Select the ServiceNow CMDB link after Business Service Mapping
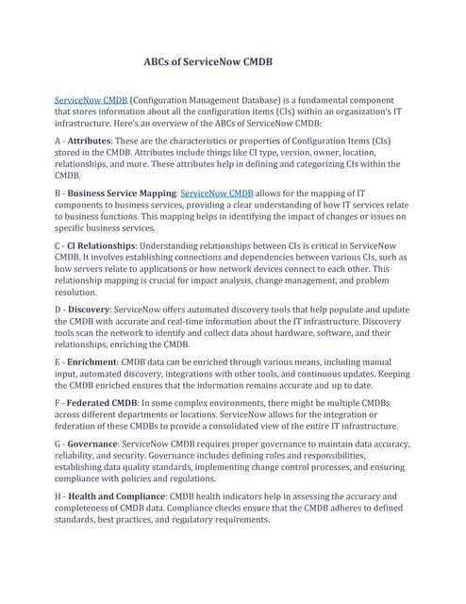[216, 193]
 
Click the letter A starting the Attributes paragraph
[59, 140]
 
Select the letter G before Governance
[59, 443]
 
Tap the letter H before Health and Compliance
[59, 495]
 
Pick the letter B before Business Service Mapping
[59, 193]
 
